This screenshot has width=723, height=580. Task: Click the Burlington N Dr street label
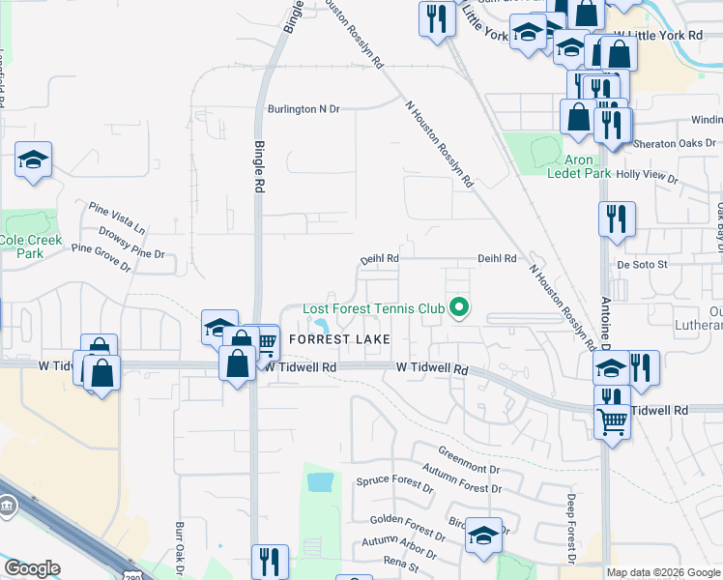pos(304,109)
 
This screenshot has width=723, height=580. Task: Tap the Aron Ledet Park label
pos(579,166)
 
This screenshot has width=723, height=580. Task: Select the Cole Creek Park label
pos(30,246)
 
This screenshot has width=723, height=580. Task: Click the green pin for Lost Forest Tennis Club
pos(460,308)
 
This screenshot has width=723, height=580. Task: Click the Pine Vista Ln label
pos(116,218)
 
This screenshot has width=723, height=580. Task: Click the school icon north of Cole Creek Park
pos(34,160)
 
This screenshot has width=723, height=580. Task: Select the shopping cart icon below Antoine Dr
pos(611,420)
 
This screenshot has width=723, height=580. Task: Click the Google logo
pos(32,568)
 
